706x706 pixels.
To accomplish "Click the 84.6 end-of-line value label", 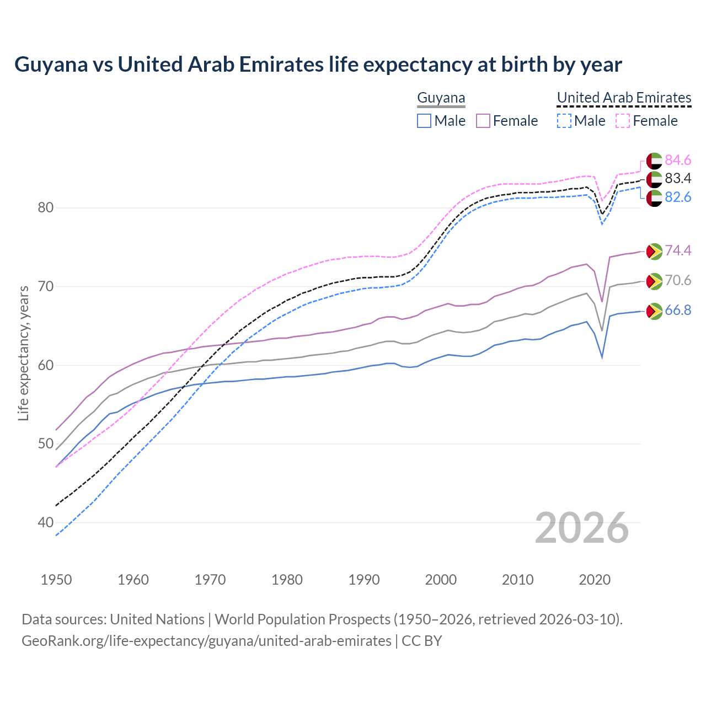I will pyautogui.click(x=678, y=160).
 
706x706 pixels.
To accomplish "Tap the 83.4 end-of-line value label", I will pyautogui.click(x=678, y=178).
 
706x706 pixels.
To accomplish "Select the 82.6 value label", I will pyautogui.click(x=678, y=197).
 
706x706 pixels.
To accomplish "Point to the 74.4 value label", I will pyautogui.click(x=678, y=250).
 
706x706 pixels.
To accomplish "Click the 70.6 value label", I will pyautogui.click(x=678, y=280).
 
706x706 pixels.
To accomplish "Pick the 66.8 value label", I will pyautogui.click(x=678, y=310).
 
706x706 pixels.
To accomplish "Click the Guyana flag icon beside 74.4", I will pyautogui.click(x=654, y=251).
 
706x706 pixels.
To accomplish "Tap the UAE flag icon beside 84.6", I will pyautogui.click(x=654, y=161).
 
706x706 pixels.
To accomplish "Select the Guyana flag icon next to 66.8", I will pyautogui.click(x=654, y=311).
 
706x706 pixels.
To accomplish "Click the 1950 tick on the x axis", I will pyautogui.click(x=56, y=580).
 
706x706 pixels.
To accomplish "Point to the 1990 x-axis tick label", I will pyautogui.click(x=364, y=580).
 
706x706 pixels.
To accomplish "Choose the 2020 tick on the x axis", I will pyautogui.click(x=595, y=580).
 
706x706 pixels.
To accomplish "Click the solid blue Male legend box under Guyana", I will pyautogui.click(x=424, y=121).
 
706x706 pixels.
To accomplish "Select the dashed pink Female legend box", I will pyautogui.click(x=622, y=121).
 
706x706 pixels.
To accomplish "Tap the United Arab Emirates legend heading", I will pyautogui.click(x=624, y=98).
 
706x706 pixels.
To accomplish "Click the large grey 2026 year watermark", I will pyautogui.click(x=582, y=528).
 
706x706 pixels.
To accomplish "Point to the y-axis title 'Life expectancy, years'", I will pyautogui.click(x=23, y=353).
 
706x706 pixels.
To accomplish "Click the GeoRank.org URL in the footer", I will pyautogui.click(x=206, y=641).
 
